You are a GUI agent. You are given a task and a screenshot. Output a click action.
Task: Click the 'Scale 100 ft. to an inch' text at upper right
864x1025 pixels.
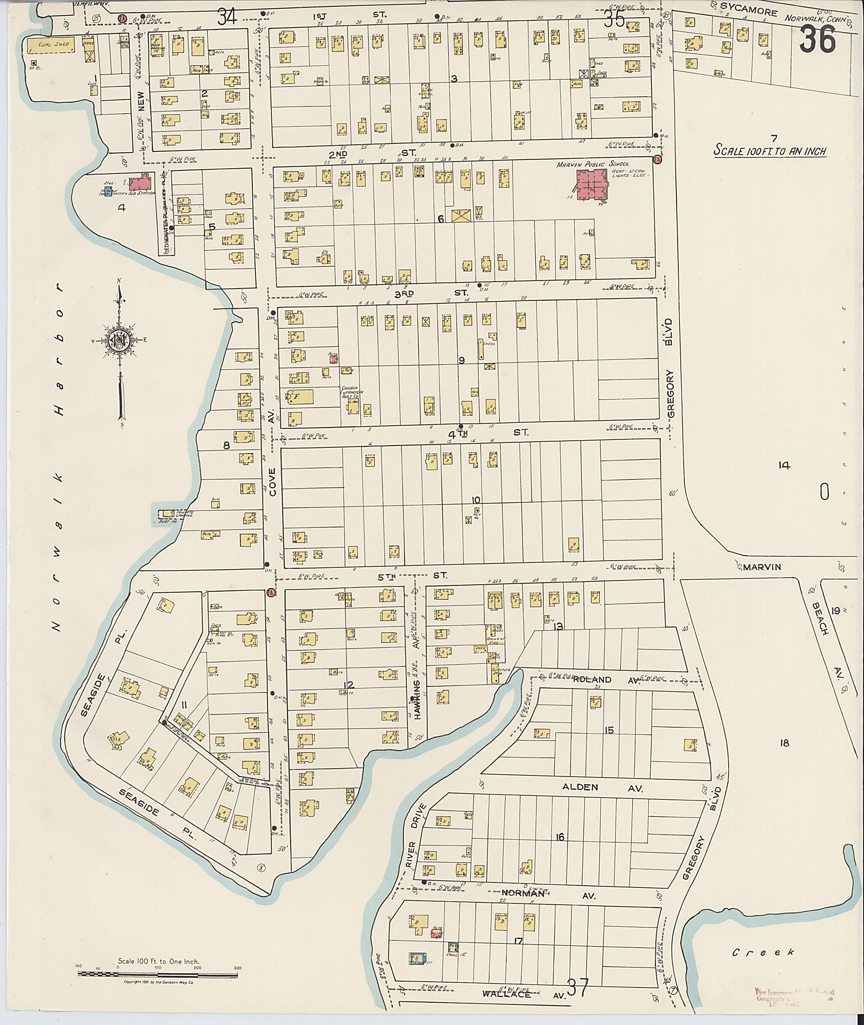[x=770, y=150]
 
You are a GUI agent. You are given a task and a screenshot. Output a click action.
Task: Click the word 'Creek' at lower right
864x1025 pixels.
[x=763, y=952]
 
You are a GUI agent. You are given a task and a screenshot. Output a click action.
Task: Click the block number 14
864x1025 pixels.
[x=784, y=465]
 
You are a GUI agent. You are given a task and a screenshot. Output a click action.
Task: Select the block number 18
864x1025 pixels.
[x=784, y=743]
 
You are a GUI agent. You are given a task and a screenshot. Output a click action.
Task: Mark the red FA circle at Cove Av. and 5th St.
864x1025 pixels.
[x=271, y=593]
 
